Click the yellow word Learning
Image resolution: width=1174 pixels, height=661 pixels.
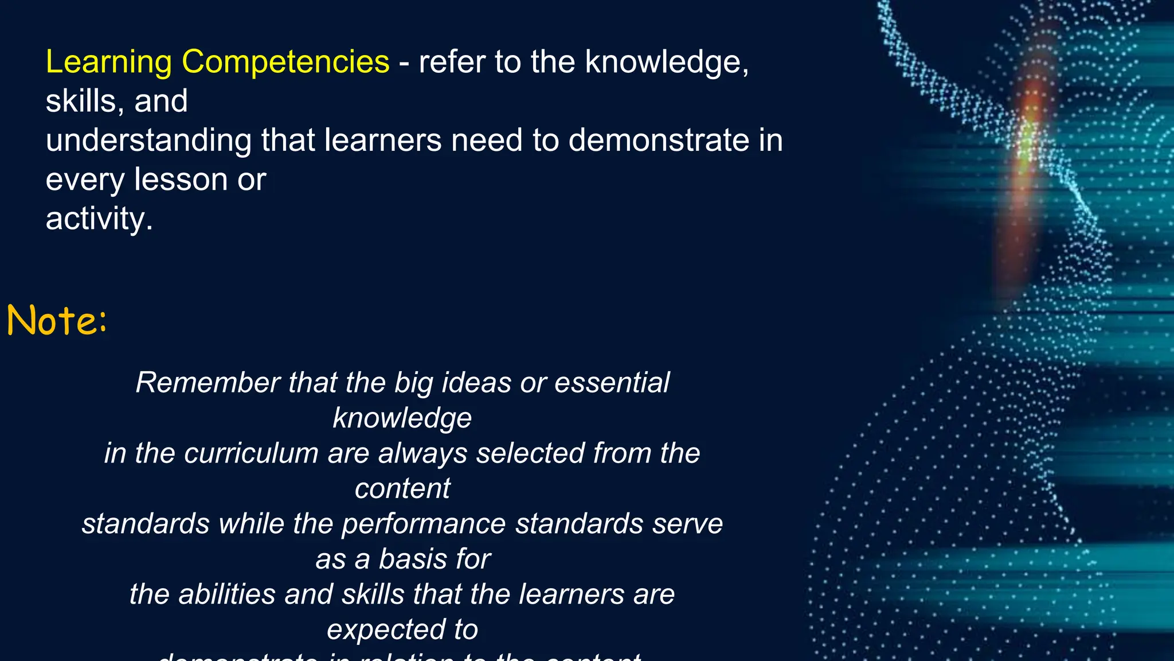pos(108,62)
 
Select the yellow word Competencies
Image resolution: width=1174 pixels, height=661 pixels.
pos(285,62)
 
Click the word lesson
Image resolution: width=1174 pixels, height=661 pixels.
pos(181,179)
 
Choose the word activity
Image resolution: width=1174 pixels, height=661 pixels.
pos(99,219)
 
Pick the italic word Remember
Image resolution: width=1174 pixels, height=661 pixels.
pos(208,382)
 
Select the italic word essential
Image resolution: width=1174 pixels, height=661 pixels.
pos(612,382)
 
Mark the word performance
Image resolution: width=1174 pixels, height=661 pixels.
pos(424,523)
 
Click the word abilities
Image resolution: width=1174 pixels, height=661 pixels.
pos(227,594)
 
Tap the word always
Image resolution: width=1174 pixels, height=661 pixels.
pos(422,453)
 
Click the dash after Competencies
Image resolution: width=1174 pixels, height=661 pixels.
pos(404,62)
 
